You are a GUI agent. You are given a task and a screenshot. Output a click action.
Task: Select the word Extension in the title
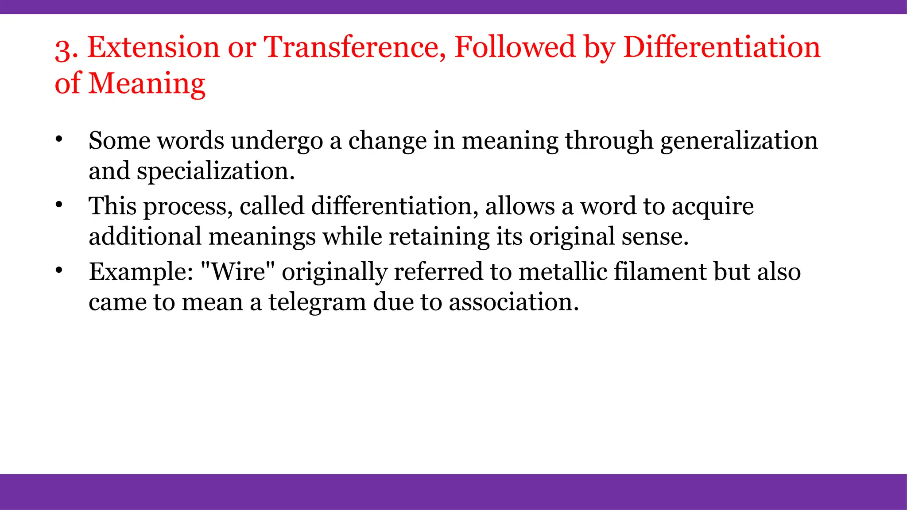pyautogui.click(x=153, y=47)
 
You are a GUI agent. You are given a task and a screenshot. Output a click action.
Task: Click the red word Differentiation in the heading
pyautogui.click(x=721, y=47)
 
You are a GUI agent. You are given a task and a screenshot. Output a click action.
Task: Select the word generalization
pyautogui.click(x=739, y=142)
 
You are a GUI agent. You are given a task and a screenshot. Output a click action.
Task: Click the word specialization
pyautogui.click(x=215, y=171)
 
